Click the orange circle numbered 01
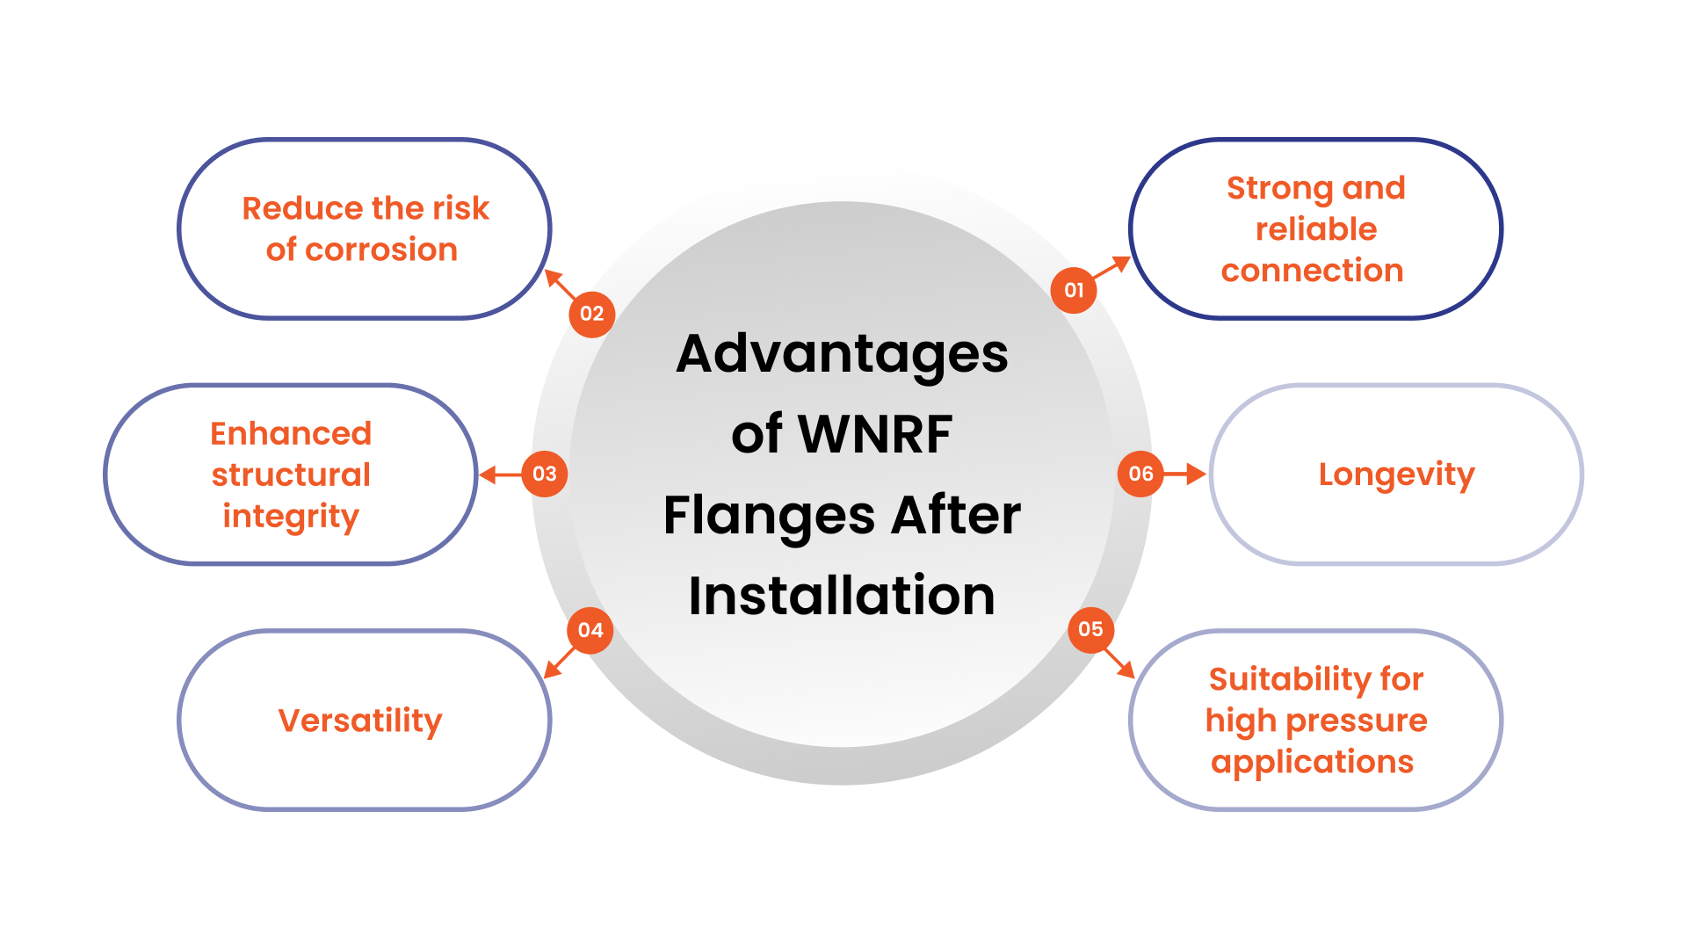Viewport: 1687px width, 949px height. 1073,290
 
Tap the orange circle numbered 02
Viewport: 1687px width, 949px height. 591,314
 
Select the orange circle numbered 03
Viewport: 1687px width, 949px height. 544,474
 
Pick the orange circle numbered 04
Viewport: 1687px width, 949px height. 590,630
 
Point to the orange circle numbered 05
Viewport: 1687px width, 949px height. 1090,629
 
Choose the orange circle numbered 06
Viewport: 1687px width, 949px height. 1140,474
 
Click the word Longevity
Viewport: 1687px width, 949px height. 1396,474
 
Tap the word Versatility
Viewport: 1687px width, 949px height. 360,721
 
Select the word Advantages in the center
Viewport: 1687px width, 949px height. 842,354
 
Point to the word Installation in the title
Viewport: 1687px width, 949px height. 842,596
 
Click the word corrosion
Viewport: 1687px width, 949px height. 380,250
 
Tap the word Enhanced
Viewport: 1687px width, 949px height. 291,433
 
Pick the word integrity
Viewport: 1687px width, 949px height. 291,516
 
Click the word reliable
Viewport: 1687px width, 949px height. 1315,229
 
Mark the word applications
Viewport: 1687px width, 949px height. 1312,762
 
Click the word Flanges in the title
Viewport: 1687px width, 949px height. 768,515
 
